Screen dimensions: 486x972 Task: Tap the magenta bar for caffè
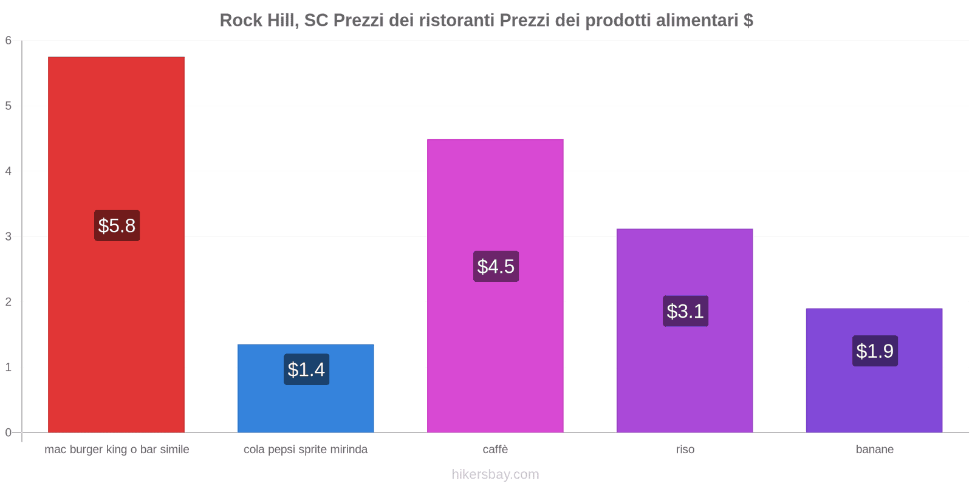click(x=495, y=200)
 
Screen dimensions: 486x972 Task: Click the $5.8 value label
click(x=117, y=226)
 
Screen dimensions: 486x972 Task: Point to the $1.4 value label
click(x=306, y=369)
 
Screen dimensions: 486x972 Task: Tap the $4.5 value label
click(x=496, y=267)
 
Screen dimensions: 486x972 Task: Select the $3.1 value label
click(x=685, y=311)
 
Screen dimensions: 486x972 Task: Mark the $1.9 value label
click(x=875, y=351)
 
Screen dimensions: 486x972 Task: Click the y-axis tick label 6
click(x=9, y=41)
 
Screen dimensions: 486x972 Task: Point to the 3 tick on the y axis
click(x=9, y=236)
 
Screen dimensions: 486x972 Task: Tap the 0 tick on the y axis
click(x=9, y=433)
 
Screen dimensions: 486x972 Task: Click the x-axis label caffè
click(x=495, y=450)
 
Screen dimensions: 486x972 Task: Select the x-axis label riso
click(x=685, y=450)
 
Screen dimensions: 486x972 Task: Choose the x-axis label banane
click(x=874, y=450)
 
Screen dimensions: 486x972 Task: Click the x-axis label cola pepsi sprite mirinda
click(x=306, y=450)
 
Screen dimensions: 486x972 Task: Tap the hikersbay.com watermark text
click(x=495, y=474)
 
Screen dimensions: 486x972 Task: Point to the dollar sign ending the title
click(x=748, y=21)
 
